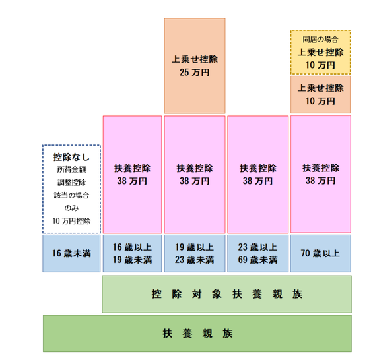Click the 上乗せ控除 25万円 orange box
pyautogui.click(x=195, y=66)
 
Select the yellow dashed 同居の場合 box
pyautogui.click(x=321, y=52)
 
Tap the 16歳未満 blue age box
pyautogui.click(x=71, y=253)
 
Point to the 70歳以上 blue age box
pyautogui.click(x=321, y=253)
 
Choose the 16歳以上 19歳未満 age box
pyautogui.click(x=132, y=253)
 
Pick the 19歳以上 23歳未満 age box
pyautogui.click(x=195, y=253)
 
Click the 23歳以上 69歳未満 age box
pyautogui.click(x=258, y=253)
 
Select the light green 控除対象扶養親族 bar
pyautogui.click(x=227, y=294)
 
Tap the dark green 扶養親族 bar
pyautogui.click(x=197, y=333)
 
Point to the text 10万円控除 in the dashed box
pyautogui.click(x=71, y=221)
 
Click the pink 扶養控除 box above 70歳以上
pyautogui.click(x=321, y=174)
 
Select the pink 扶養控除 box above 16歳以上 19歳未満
pyautogui.click(x=132, y=175)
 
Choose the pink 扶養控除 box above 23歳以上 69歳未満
pyautogui.click(x=258, y=175)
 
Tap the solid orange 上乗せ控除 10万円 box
pyautogui.click(x=321, y=94)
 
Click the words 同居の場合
pyautogui.click(x=321, y=40)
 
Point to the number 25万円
pyautogui.click(x=195, y=73)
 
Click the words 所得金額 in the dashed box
pyautogui.click(x=71, y=169)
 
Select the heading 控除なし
pyautogui.click(x=71, y=157)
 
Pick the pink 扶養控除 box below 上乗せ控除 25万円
pyautogui.click(x=195, y=175)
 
